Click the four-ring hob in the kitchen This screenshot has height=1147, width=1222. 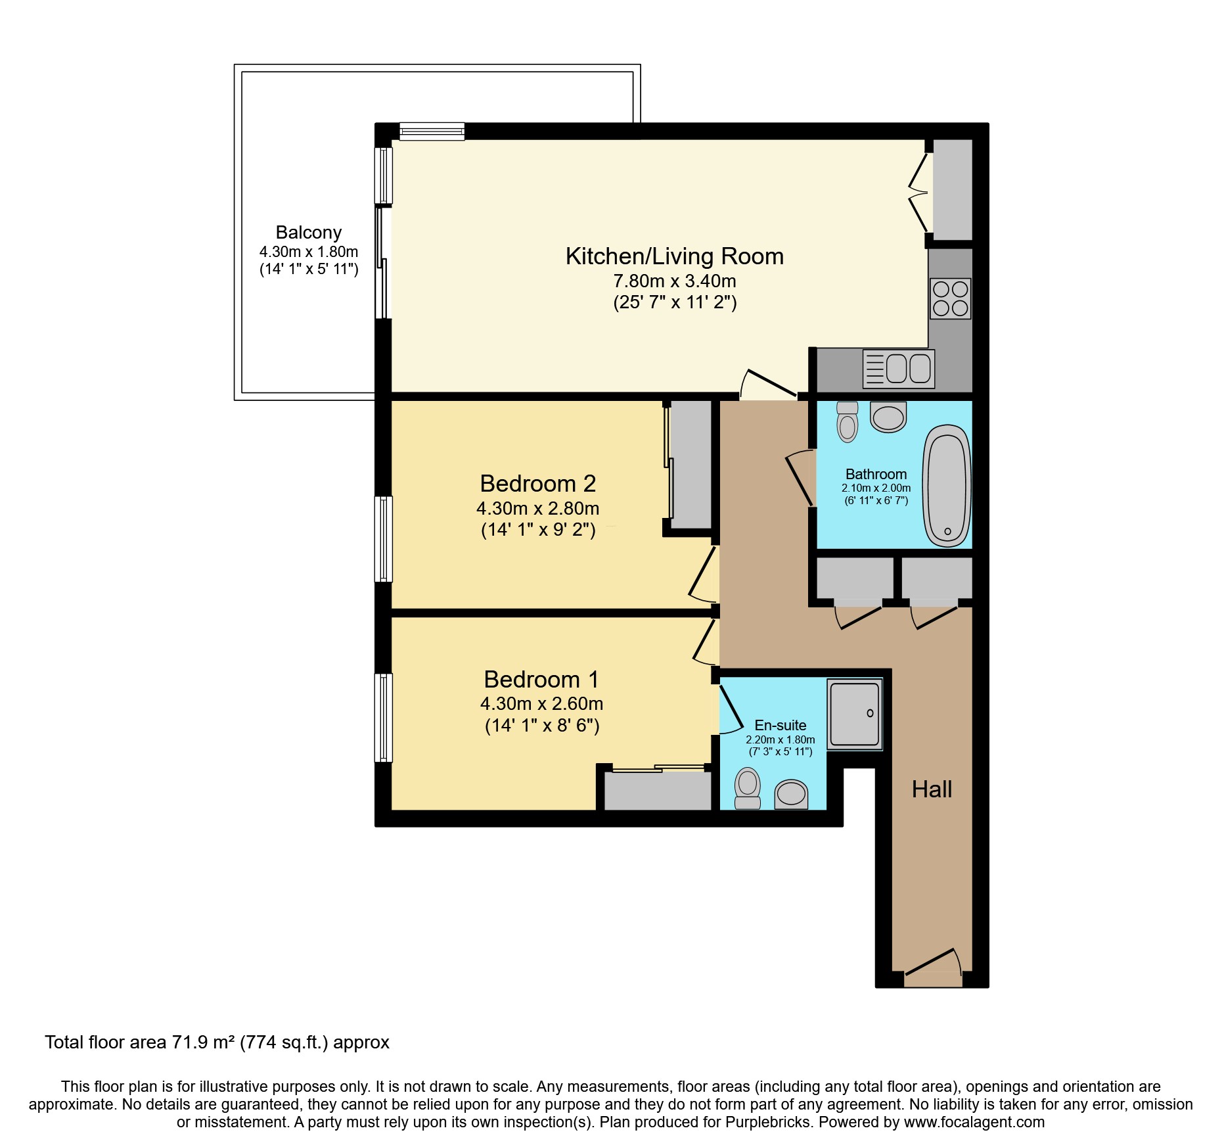[950, 298]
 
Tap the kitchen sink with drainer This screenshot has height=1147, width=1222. [898, 369]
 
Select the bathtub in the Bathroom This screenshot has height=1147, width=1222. [947, 486]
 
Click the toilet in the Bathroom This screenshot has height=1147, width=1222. [848, 422]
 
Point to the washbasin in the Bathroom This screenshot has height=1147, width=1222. [888, 417]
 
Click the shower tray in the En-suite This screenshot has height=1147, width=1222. [854, 714]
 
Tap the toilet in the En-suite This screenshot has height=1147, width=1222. [748, 788]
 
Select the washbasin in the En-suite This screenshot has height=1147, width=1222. [791, 794]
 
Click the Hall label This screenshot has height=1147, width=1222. [932, 789]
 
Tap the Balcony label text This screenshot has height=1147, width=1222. [308, 233]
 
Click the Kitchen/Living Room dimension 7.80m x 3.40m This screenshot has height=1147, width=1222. [674, 281]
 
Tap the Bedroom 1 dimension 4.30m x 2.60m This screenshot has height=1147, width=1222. [541, 704]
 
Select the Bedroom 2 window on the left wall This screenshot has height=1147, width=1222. [384, 539]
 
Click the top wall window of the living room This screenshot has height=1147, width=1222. [432, 131]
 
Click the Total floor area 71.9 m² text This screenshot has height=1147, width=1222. [217, 1042]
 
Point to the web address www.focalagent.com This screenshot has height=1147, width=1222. [974, 1122]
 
